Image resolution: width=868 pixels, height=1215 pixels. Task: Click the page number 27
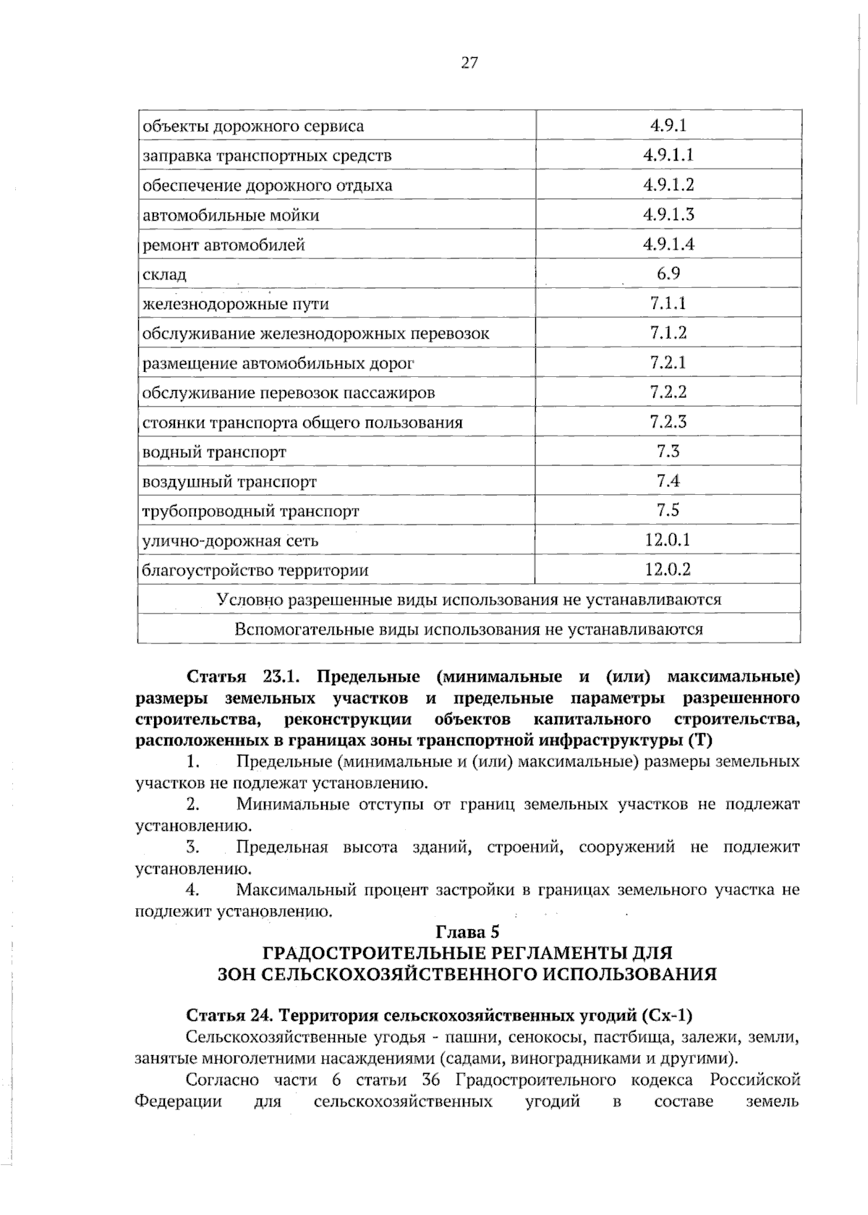pos(469,63)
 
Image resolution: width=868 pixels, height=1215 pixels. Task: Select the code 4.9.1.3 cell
pos(668,214)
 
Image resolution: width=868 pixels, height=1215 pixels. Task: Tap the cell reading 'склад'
pos(165,274)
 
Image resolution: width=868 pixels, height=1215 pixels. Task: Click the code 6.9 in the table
pos(668,274)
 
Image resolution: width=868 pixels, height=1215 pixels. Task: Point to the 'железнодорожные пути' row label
pos(236,304)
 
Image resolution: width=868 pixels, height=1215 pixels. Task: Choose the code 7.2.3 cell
pos(668,422)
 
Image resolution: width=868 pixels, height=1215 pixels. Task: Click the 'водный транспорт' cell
pos(214,452)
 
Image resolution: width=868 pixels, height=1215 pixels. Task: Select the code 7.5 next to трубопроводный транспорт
pos(668,510)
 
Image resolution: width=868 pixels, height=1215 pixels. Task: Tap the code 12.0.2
pos(668,570)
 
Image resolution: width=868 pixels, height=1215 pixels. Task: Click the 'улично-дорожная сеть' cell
pos(230,541)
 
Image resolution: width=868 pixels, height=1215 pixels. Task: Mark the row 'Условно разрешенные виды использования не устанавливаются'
pos(469,599)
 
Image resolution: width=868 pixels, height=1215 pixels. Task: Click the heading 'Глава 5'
pos(468,931)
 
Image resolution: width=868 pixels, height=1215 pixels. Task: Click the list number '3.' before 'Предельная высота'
pos(192,847)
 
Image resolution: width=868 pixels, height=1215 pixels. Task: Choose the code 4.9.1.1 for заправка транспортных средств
pos(668,155)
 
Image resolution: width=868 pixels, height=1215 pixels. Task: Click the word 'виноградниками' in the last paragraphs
pos(577,1059)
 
